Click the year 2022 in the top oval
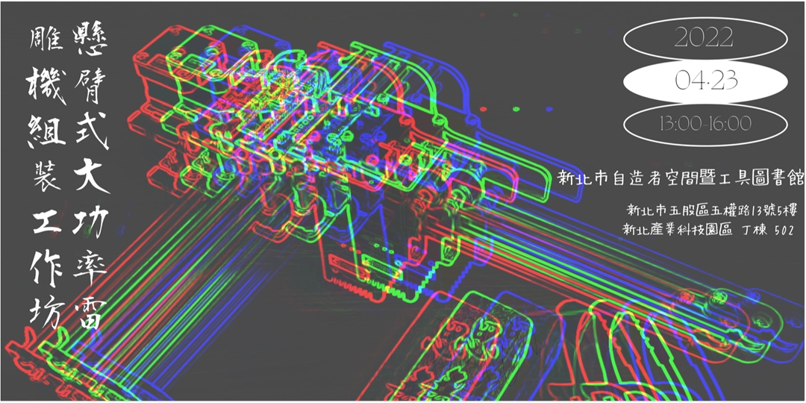pos(704,38)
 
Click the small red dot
pos(483,109)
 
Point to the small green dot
pos(516,109)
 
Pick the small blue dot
pos(549,109)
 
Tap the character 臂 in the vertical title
pos(92,86)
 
